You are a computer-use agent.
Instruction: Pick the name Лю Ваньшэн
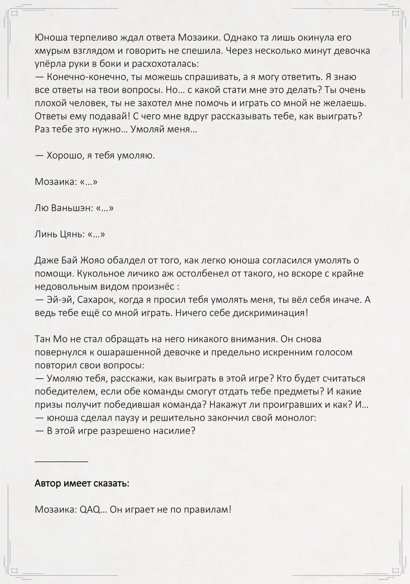(62, 208)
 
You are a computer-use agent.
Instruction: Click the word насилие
(172, 431)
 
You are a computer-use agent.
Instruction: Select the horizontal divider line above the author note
(61, 461)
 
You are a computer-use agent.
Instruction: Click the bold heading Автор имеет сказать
(82, 483)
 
